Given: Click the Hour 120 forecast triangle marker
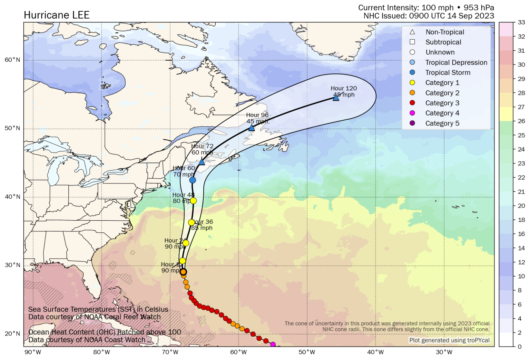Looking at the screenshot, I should (336, 98).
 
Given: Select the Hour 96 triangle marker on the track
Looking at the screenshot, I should (252, 128).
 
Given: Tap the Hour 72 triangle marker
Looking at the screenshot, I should (202, 162).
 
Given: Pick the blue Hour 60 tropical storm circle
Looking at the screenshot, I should (193, 180).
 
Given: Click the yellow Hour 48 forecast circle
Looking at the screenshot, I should (193, 201).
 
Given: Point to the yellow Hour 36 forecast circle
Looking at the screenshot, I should (191, 222).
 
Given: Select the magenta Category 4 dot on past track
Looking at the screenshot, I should (273, 344).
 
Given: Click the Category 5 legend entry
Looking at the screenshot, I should (442, 123).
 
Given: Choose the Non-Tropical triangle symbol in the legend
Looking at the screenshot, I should (412, 32).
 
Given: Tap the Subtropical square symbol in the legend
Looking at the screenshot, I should (412, 42).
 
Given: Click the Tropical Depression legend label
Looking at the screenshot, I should (456, 62).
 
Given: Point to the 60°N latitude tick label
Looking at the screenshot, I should (12, 60).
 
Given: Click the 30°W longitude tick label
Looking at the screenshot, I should (444, 352).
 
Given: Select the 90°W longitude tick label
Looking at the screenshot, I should (33, 352).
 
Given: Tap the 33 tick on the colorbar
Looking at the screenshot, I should (521, 22).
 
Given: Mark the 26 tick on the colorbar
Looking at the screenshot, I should (521, 121).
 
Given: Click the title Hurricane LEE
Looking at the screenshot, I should (57, 15).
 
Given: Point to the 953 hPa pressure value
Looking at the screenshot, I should (479, 8).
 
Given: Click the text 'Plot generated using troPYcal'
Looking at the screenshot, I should (449, 340).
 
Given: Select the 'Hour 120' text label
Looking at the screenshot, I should (344, 88).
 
